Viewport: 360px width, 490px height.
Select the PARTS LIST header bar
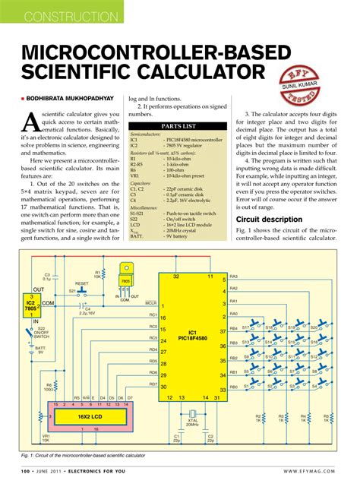tap(178, 127)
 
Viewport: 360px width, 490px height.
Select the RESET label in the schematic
tap(81, 283)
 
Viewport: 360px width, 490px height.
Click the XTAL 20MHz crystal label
tap(193, 422)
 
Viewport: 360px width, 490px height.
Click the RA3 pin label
tap(234, 277)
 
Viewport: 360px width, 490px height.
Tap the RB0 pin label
tap(234, 387)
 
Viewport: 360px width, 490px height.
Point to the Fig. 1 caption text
tap(84, 455)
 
